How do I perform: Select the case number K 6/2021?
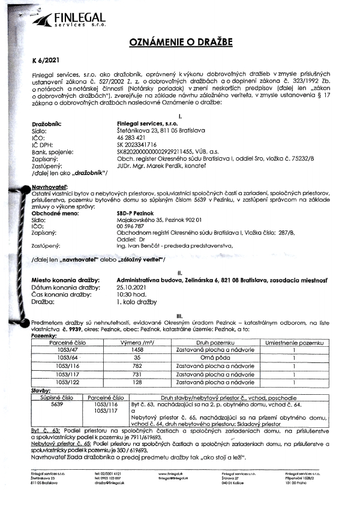pos(44,60)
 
